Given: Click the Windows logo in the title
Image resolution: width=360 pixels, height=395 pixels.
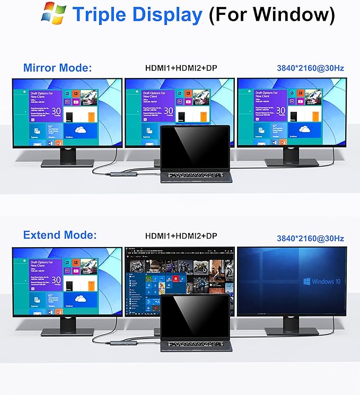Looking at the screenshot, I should pos(54,14).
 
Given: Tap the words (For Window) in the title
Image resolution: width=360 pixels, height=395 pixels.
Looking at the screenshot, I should pos(271,14).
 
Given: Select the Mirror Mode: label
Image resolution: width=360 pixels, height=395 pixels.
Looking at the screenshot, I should pos(58,68).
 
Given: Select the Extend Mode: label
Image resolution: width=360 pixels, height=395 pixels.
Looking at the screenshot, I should pos(60,235).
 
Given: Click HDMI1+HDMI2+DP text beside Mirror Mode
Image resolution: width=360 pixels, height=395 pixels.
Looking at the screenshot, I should pos(182,68).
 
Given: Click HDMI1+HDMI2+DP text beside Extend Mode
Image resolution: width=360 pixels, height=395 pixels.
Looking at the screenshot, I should pos(182,235).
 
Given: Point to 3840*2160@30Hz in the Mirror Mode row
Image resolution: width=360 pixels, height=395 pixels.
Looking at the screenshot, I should pos(310,68).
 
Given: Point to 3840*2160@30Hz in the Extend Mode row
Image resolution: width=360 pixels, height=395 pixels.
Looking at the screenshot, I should pos(310,239).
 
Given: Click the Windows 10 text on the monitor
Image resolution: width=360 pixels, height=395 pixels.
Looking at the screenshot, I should pos(326,282).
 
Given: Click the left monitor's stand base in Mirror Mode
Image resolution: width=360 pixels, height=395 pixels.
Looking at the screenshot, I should pos(67,163).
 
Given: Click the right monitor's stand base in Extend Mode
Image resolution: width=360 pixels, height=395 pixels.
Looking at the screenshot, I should pos(291,331).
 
